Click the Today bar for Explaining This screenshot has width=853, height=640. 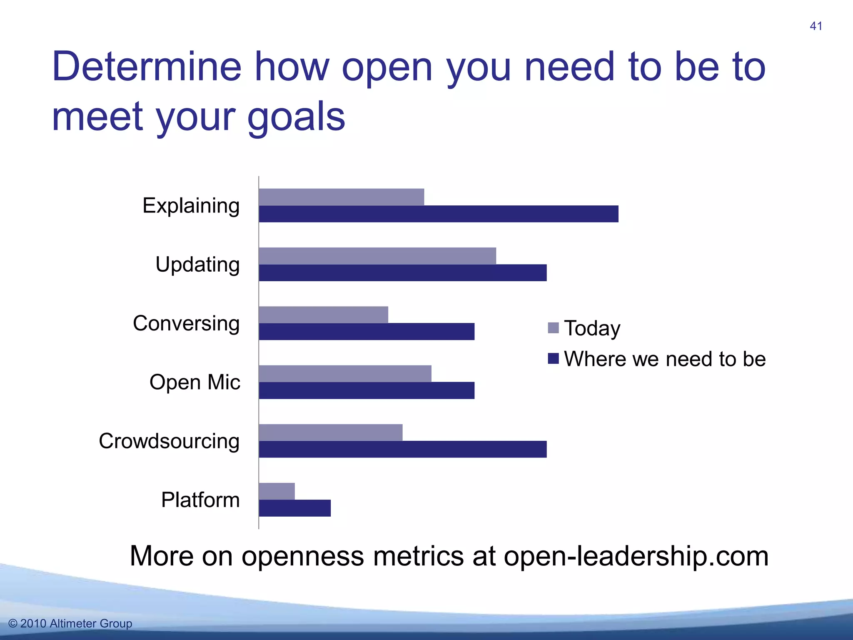pos(341,197)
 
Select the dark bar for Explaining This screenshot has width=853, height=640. pos(438,214)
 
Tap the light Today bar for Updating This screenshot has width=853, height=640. pos(377,256)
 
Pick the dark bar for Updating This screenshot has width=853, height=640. pos(402,273)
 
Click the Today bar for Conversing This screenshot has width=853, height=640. pos(323,315)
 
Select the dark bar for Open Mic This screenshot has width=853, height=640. pos(367,390)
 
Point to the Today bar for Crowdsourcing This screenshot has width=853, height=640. pos(330,432)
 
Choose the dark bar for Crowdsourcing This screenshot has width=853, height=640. pos(402,449)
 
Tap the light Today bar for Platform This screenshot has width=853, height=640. pos(277,491)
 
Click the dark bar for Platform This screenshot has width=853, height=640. pos(294,508)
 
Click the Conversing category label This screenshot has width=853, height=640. pos(186,323)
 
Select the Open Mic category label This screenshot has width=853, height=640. pos(195,382)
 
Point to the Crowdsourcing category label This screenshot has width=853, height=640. pos(169,441)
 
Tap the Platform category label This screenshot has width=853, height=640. pos(200,500)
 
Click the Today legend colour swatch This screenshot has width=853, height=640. pos(553,328)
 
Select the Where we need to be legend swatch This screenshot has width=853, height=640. pos(553,359)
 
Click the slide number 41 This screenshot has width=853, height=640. pos(816,26)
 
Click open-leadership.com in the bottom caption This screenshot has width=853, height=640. pos(636,556)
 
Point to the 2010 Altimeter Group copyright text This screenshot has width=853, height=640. pos(70,623)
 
